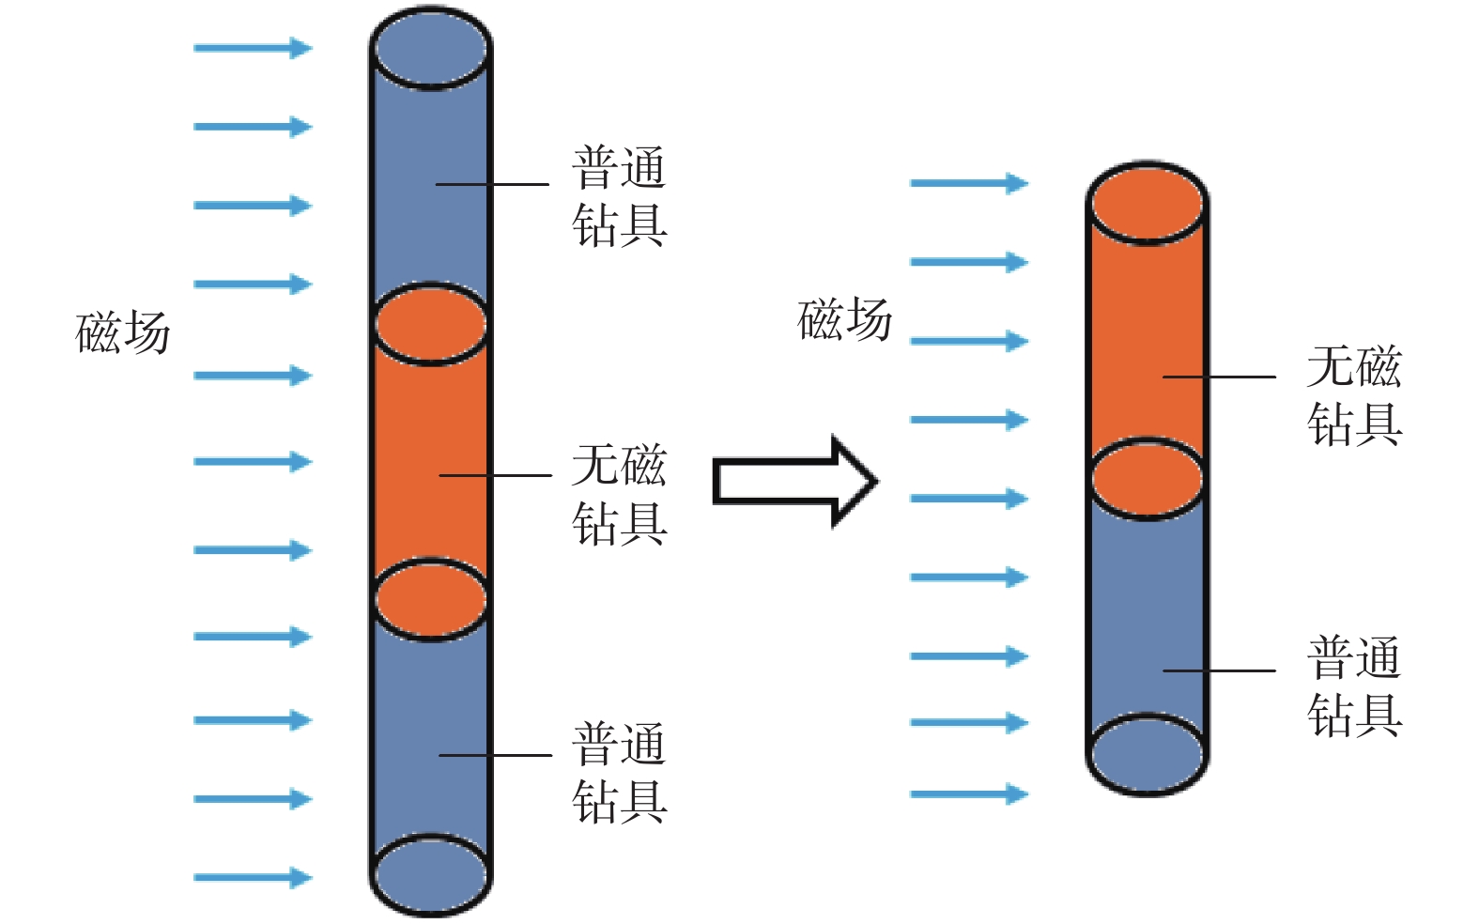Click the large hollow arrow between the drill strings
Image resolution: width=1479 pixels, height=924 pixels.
(793, 482)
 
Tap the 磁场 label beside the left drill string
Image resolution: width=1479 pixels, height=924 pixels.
(123, 333)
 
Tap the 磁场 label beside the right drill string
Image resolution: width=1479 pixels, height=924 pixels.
(844, 320)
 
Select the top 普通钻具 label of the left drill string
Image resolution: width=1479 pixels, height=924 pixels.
(619, 196)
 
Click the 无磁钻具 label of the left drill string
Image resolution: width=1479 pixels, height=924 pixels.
(619, 494)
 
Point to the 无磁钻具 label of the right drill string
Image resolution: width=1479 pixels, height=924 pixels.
(1353, 395)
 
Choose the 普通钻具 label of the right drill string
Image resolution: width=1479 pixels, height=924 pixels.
(1353, 686)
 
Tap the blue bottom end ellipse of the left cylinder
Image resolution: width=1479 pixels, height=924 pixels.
(430, 874)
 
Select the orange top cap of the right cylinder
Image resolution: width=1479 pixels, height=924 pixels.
(1147, 204)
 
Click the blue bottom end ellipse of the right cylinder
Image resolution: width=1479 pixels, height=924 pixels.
(1147, 755)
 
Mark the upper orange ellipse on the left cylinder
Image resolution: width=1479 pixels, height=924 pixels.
(430, 324)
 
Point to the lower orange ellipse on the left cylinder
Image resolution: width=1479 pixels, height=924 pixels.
(430, 599)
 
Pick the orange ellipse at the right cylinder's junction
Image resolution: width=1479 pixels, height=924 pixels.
(1147, 478)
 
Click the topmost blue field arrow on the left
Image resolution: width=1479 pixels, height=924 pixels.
(253, 48)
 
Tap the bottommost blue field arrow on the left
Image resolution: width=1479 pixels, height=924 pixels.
(253, 878)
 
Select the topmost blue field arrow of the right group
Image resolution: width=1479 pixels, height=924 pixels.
(969, 183)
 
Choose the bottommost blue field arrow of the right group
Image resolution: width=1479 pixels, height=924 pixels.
(969, 794)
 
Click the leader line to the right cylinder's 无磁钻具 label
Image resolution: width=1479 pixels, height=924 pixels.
(1219, 377)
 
